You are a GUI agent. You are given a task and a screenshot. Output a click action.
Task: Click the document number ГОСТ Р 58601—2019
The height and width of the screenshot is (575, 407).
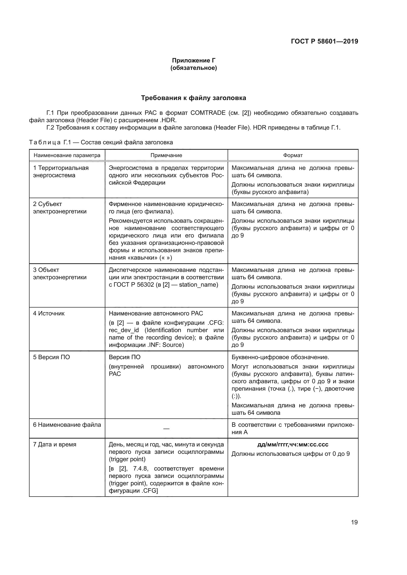click(x=325, y=42)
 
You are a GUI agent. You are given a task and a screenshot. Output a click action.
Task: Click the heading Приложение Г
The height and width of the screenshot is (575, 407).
click(x=193, y=60)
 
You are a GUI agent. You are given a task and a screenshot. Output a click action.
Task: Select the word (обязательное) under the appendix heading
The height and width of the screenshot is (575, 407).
click(x=193, y=68)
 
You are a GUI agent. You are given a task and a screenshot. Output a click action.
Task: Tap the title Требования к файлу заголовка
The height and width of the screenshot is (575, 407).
click(x=193, y=98)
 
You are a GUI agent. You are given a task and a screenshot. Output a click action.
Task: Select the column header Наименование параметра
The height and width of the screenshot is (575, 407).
click(x=67, y=155)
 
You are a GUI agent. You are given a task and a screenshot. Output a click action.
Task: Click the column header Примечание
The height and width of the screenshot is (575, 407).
click(x=166, y=155)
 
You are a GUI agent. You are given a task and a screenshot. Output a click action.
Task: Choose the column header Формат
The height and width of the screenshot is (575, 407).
click(x=293, y=155)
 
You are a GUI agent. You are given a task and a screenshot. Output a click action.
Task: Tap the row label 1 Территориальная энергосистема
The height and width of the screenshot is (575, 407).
click(x=61, y=172)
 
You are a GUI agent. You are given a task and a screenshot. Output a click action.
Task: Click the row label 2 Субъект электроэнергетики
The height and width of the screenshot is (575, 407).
click(x=60, y=208)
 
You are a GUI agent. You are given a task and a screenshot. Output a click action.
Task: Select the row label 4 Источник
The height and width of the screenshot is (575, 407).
click(x=49, y=313)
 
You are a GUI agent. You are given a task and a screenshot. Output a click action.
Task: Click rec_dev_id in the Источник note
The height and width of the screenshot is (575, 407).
click(x=124, y=330)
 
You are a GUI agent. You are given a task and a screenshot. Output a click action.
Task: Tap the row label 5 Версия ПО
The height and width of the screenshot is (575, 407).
click(x=51, y=357)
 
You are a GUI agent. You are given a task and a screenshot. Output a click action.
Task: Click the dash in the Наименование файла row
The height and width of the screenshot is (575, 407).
click(x=166, y=429)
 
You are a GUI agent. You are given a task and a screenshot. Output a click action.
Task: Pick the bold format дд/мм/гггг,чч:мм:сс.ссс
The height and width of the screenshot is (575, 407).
click(x=293, y=444)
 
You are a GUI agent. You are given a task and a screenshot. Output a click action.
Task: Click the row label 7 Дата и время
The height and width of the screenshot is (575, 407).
click(x=55, y=444)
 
